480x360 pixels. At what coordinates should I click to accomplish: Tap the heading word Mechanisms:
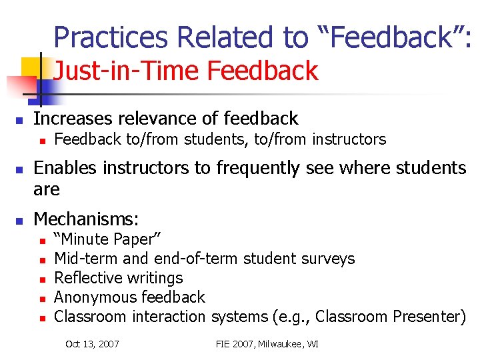(87, 219)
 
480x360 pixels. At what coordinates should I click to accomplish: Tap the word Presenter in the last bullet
(427, 317)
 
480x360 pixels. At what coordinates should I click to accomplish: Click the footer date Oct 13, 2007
(92, 344)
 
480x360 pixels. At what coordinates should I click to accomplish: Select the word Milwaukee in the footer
(288, 344)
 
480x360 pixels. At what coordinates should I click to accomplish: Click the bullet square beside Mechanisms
(20, 219)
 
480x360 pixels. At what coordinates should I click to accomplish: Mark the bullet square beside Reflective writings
(41, 279)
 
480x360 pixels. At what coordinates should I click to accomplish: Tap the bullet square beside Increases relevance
(20, 120)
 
